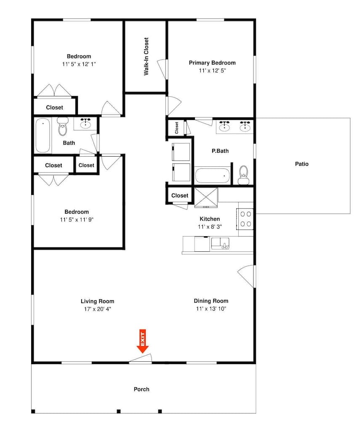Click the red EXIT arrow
[x=143, y=341]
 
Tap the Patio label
[x=302, y=164]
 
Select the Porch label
[x=141, y=389]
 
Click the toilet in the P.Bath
[x=243, y=175]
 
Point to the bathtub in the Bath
[x=43, y=135]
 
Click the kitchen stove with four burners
[x=245, y=219]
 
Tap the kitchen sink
[x=220, y=243]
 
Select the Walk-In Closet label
[x=146, y=56]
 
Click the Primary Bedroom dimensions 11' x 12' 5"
[x=212, y=71]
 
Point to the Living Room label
[x=97, y=301]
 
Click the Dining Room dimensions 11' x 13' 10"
[x=211, y=309]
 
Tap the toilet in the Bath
[x=63, y=126]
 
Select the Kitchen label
[x=210, y=219]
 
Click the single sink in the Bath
[x=85, y=123]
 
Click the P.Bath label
[x=220, y=151]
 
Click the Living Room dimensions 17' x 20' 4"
[x=97, y=309]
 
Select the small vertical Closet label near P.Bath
[x=177, y=128]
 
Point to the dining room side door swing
[x=246, y=276]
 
